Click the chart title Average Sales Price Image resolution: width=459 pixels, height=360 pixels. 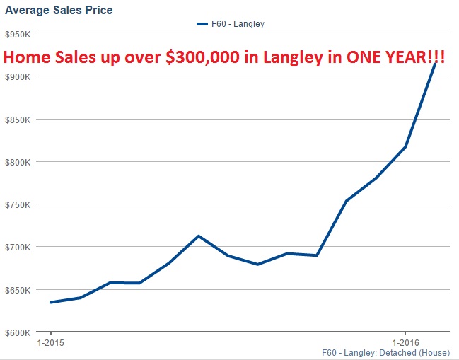(59, 11)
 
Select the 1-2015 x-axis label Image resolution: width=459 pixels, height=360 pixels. (51, 343)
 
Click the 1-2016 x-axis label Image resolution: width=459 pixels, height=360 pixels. (405, 343)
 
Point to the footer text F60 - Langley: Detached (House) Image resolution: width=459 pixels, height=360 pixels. (390, 352)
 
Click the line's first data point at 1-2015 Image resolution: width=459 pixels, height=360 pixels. (51, 302)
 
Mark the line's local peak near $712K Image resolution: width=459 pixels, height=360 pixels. (199, 236)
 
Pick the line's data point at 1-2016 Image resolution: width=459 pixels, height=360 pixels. (405, 147)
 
